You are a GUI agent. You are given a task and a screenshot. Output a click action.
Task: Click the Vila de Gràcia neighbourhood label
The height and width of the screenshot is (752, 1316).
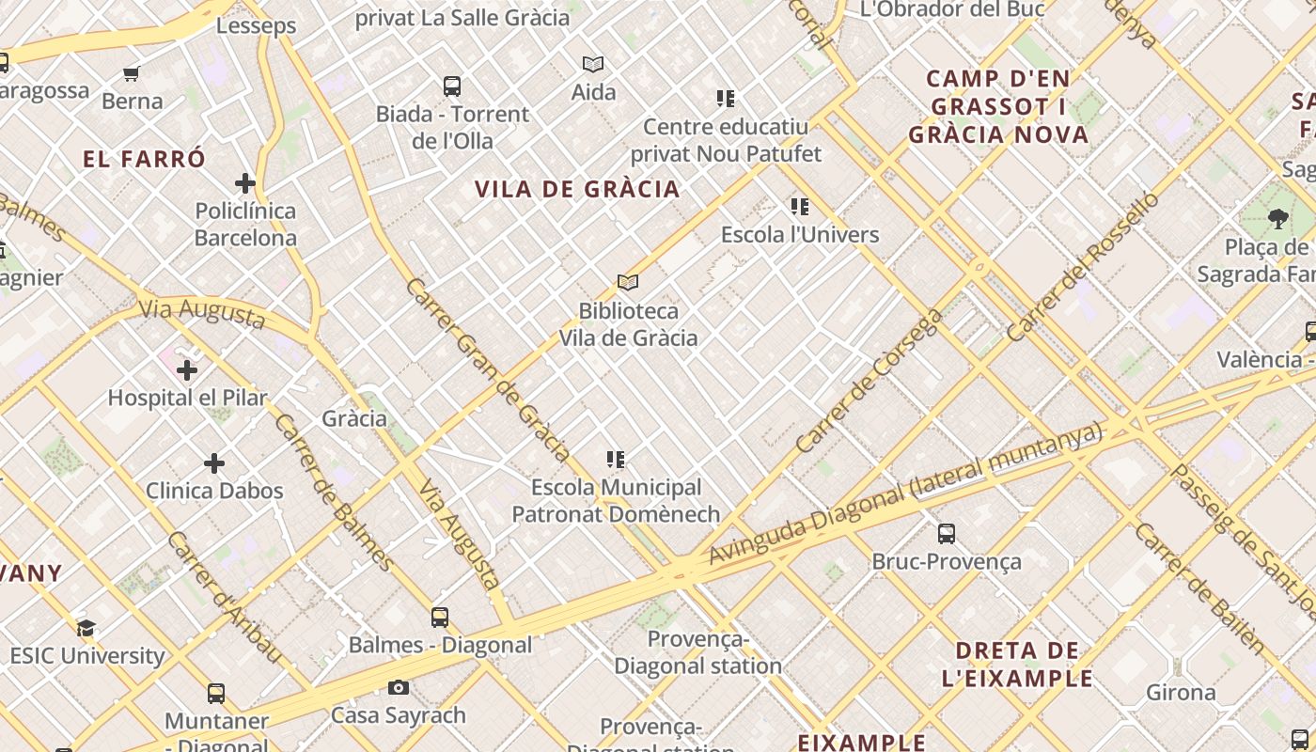(577, 189)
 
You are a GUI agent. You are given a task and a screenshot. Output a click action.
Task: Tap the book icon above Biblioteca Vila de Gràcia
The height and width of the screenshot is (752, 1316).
(628, 282)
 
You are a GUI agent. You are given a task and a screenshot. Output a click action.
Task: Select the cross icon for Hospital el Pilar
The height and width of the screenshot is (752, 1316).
(187, 370)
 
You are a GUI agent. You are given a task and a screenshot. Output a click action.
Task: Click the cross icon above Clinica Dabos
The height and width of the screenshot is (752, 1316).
(214, 463)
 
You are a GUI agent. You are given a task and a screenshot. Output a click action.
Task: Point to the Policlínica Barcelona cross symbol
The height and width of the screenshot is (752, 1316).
(245, 183)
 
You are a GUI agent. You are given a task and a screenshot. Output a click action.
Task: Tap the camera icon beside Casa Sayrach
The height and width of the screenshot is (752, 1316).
(399, 688)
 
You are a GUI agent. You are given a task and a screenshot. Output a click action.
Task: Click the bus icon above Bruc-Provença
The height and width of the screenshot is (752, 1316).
(947, 534)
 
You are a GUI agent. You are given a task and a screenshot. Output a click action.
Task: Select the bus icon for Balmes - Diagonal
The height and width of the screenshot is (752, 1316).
(440, 618)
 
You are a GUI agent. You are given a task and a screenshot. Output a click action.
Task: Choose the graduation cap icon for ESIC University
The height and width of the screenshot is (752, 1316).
(86, 628)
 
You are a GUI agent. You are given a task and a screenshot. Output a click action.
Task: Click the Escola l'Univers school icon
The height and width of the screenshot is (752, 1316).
(800, 207)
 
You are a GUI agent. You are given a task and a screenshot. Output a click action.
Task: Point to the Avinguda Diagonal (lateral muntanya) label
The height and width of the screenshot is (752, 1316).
(904, 494)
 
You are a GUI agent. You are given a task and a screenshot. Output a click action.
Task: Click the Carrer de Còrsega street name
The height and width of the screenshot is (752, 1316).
(869, 381)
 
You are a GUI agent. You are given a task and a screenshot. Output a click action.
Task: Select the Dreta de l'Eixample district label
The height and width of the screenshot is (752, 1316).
(1018, 664)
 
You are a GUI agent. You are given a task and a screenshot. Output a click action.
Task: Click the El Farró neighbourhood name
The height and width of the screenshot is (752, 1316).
(144, 159)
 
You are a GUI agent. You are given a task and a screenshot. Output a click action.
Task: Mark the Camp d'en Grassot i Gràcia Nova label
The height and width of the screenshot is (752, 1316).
(998, 106)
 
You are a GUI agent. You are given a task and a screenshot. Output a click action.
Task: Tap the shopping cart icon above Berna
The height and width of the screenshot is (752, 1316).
(132, 73)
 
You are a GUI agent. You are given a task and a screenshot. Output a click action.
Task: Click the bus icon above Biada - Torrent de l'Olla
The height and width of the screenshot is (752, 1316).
(452, 86)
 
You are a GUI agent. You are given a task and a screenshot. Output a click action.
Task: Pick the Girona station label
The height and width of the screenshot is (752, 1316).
(1181, 693)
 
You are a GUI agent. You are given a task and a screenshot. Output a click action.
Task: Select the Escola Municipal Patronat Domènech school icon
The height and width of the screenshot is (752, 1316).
(616, 460)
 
